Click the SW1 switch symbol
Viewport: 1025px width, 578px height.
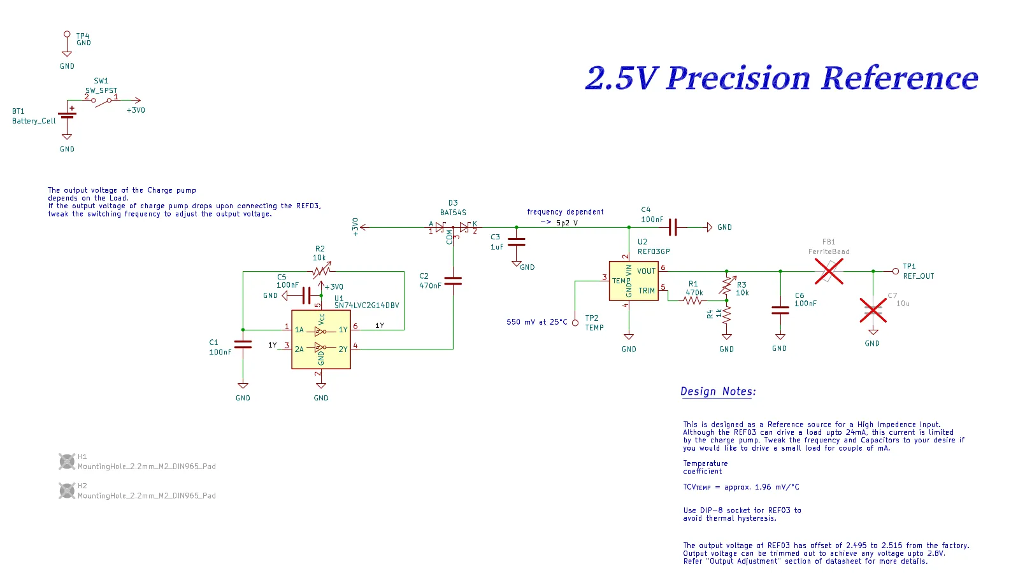pos(102,101)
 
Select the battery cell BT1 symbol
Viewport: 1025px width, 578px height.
pos(67,115)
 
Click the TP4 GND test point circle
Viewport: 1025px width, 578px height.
pos(67,34)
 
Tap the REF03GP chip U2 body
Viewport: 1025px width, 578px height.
pos(633,281)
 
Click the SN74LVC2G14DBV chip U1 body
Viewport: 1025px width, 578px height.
pos(320,339)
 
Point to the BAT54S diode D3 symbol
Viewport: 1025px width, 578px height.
pos(453,227)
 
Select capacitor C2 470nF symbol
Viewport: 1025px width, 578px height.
pos(453,281)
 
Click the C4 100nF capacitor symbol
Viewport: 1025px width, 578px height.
pos(673,227)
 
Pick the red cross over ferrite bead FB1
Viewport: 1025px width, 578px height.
pos(829,271)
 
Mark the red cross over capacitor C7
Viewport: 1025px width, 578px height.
pos(873,311)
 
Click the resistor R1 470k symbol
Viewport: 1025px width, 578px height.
pos(694,300)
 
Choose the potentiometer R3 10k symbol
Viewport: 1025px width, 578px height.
pos(726,285)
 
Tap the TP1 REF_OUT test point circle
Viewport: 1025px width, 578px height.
pos(896,271)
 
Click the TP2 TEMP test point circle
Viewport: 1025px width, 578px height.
pos(575,323)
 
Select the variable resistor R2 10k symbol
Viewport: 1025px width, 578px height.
pos(321,272)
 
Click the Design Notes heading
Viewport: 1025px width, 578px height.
pos(718,391)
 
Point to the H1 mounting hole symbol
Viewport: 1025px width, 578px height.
pos(67,461)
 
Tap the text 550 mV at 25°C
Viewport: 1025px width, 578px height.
pos(536,322)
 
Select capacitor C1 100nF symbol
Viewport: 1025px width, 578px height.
pos(243,344)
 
